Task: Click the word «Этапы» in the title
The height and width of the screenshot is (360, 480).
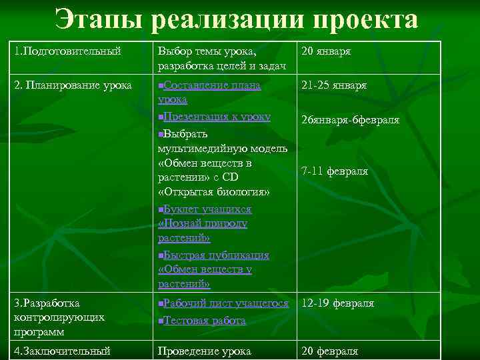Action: (97, 20)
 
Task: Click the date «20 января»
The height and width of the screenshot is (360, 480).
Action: (326, 51)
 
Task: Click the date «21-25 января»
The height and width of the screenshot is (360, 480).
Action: (334, 85)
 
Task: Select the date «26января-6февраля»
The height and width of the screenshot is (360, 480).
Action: (351, 120)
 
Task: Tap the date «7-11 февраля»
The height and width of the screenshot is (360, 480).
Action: (335, 171)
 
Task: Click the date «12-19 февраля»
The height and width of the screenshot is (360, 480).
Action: (338, 303)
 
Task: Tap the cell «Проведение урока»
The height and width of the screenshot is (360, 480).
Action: (204, 351)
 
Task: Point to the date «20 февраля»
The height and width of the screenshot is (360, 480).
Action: (330, 351)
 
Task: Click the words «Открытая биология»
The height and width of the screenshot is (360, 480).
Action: (214, 192)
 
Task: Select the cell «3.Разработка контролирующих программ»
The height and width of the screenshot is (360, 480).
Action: (59, 317)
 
